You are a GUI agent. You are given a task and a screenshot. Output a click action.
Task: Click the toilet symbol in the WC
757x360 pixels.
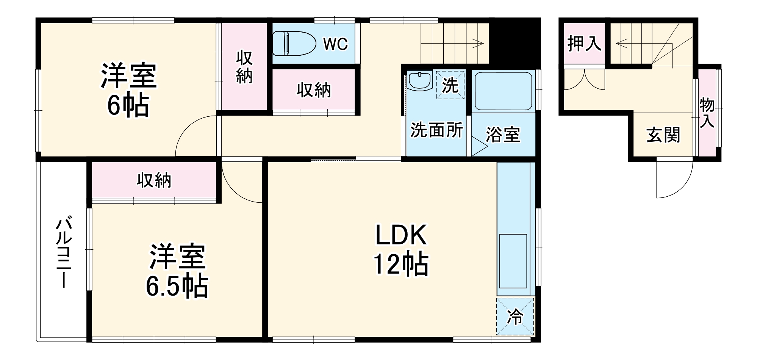[294, 44]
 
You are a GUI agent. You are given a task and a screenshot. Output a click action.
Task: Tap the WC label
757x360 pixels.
[335, 44]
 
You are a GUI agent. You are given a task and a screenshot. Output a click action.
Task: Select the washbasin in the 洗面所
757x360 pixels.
[420, 80]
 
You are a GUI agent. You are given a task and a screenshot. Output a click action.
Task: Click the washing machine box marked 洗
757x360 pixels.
[450, 85]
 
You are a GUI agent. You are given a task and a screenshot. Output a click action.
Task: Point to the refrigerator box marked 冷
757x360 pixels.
[515, 316]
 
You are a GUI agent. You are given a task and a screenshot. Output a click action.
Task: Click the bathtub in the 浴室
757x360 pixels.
[503, 91]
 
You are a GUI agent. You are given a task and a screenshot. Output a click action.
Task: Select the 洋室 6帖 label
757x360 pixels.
[128, 91]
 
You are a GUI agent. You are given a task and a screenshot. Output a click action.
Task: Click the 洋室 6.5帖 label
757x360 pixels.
[177, 271]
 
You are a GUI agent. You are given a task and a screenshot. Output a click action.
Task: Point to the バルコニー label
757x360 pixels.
[64, 252]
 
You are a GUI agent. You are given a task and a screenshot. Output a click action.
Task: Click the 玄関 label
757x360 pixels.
[663, 135]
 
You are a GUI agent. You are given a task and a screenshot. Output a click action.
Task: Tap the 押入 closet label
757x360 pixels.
[584, 44]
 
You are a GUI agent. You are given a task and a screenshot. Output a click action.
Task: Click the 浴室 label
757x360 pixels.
[503, 135]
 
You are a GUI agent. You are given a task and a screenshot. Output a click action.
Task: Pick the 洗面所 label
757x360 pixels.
[436, 130]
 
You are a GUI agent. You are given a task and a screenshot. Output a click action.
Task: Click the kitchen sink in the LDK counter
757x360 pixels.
[513, 261]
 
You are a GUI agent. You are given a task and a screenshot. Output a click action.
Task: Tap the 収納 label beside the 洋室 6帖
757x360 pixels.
[244, 67]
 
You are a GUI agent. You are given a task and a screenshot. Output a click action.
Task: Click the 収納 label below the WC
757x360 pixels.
[314, 90]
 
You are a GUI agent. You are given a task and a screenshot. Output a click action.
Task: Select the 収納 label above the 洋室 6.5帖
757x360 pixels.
[154, 180]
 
